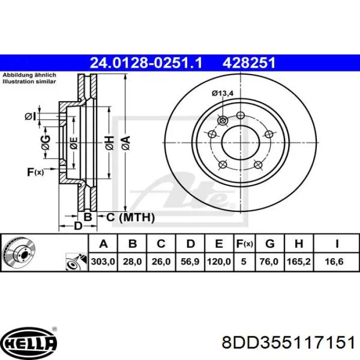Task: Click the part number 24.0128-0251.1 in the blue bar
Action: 146,63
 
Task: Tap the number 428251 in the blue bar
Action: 248,63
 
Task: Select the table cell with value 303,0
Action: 103,261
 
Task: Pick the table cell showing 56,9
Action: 190,261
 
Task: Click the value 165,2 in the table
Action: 299,261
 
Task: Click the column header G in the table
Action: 270,243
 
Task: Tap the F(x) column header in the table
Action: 244,243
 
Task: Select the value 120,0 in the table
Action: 219,261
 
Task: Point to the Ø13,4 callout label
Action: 223,93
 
